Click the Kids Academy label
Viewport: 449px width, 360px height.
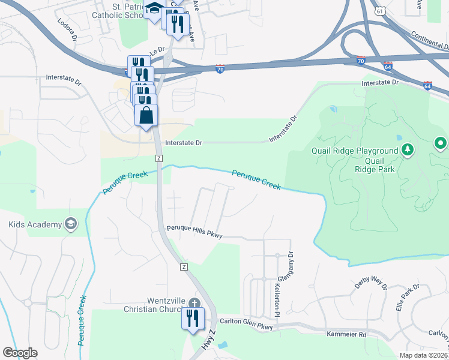pos(35,224)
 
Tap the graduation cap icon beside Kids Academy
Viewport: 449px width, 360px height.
pos(71,224)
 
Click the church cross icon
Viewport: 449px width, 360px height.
pos(194,302)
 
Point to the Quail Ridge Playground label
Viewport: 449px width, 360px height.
pos(355,151)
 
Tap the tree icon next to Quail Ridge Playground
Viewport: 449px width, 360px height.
pos(408,149)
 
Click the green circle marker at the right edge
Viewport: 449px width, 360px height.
pos(441,143)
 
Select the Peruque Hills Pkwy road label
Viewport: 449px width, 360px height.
pos(194,232)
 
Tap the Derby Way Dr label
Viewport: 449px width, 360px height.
pos(370,282)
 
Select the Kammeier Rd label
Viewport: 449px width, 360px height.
pos(346,333)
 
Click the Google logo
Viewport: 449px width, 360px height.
pos(20,352)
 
